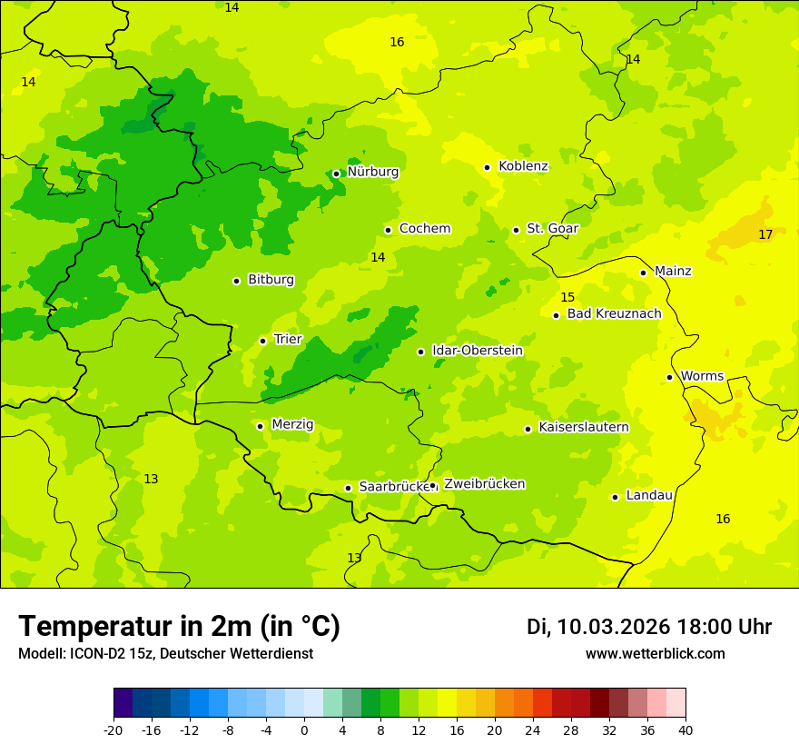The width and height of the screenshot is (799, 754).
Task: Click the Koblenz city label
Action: pyautogui.click(x=523, y=166)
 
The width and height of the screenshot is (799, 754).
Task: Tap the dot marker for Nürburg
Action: pyautogui.click(x=336, y=174)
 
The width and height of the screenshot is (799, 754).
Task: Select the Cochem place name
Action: pyautogui.click(x=425, y=229)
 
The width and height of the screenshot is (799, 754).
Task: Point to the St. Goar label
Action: pyautogui.click(x=552, y=229)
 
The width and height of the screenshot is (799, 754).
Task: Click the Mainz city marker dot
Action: pyautogui.click(x=643, y=273)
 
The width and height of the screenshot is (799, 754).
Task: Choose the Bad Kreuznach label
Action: pyautogui.click(x=614, y=314)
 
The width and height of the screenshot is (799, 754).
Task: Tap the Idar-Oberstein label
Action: pyautogui.click(x=477, y=351)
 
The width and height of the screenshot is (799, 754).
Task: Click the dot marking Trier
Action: pyautogui.click(x=262, y=341)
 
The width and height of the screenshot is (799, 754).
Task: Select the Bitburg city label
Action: pyautogui.click(x=271, y=280)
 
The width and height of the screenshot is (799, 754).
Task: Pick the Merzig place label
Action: pyautogui.click(x=292, y=425)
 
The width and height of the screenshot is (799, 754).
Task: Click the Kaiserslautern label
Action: pyautogui.click(x=584, y=428)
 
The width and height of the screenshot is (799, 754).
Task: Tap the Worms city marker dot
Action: pyautogui.click(x=669, y=377)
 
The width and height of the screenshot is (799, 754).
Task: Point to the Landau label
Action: pyautogui.click(x=649, y=496)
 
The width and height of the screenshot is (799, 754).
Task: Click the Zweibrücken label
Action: pyautogui.click(x=484, y=484)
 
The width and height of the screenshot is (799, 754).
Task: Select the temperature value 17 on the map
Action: pyautogui.click(x=765, y=235)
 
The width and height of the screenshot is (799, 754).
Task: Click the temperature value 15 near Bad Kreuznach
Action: pyautogui.click(x=567, y=298)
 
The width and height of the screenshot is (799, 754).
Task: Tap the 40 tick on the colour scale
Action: pyautogui.click(x=686, y=729)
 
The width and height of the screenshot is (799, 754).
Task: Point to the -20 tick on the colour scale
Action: pyautogui.click(x=113, y=729)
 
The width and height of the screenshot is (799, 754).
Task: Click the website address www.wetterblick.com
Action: pyautogui.click(x=655, y=654)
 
